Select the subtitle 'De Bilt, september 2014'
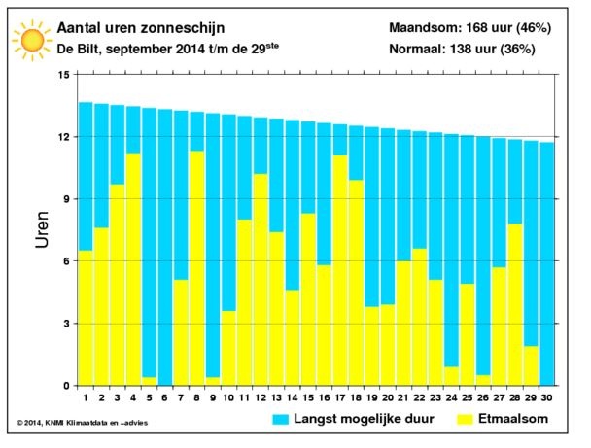pos(126,48)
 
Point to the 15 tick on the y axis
pos(63,75)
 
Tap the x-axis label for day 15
pos(307,396)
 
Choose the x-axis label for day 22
pos(419,396)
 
